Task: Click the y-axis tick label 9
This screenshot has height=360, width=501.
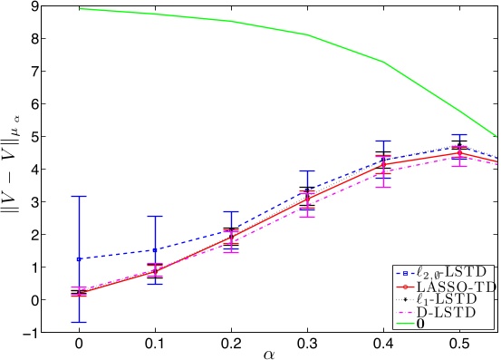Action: pyautogui.click(x=32, y=7)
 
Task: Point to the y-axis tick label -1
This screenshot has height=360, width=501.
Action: pyautogui.click(x=29, y=333)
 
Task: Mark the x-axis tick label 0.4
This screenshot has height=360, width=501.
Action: pyautogui.click(x=383, y=346)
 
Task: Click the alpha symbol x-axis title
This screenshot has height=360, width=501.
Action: pyautogui.click(x=269, y=354)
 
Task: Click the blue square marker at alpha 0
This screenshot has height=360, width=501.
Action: pyautogui.click(x=79, y=259)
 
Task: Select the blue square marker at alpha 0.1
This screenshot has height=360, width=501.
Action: pyautogui.click(x=155, y=250)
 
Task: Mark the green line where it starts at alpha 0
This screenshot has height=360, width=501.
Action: pyautogui.click(x=80, y=9)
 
